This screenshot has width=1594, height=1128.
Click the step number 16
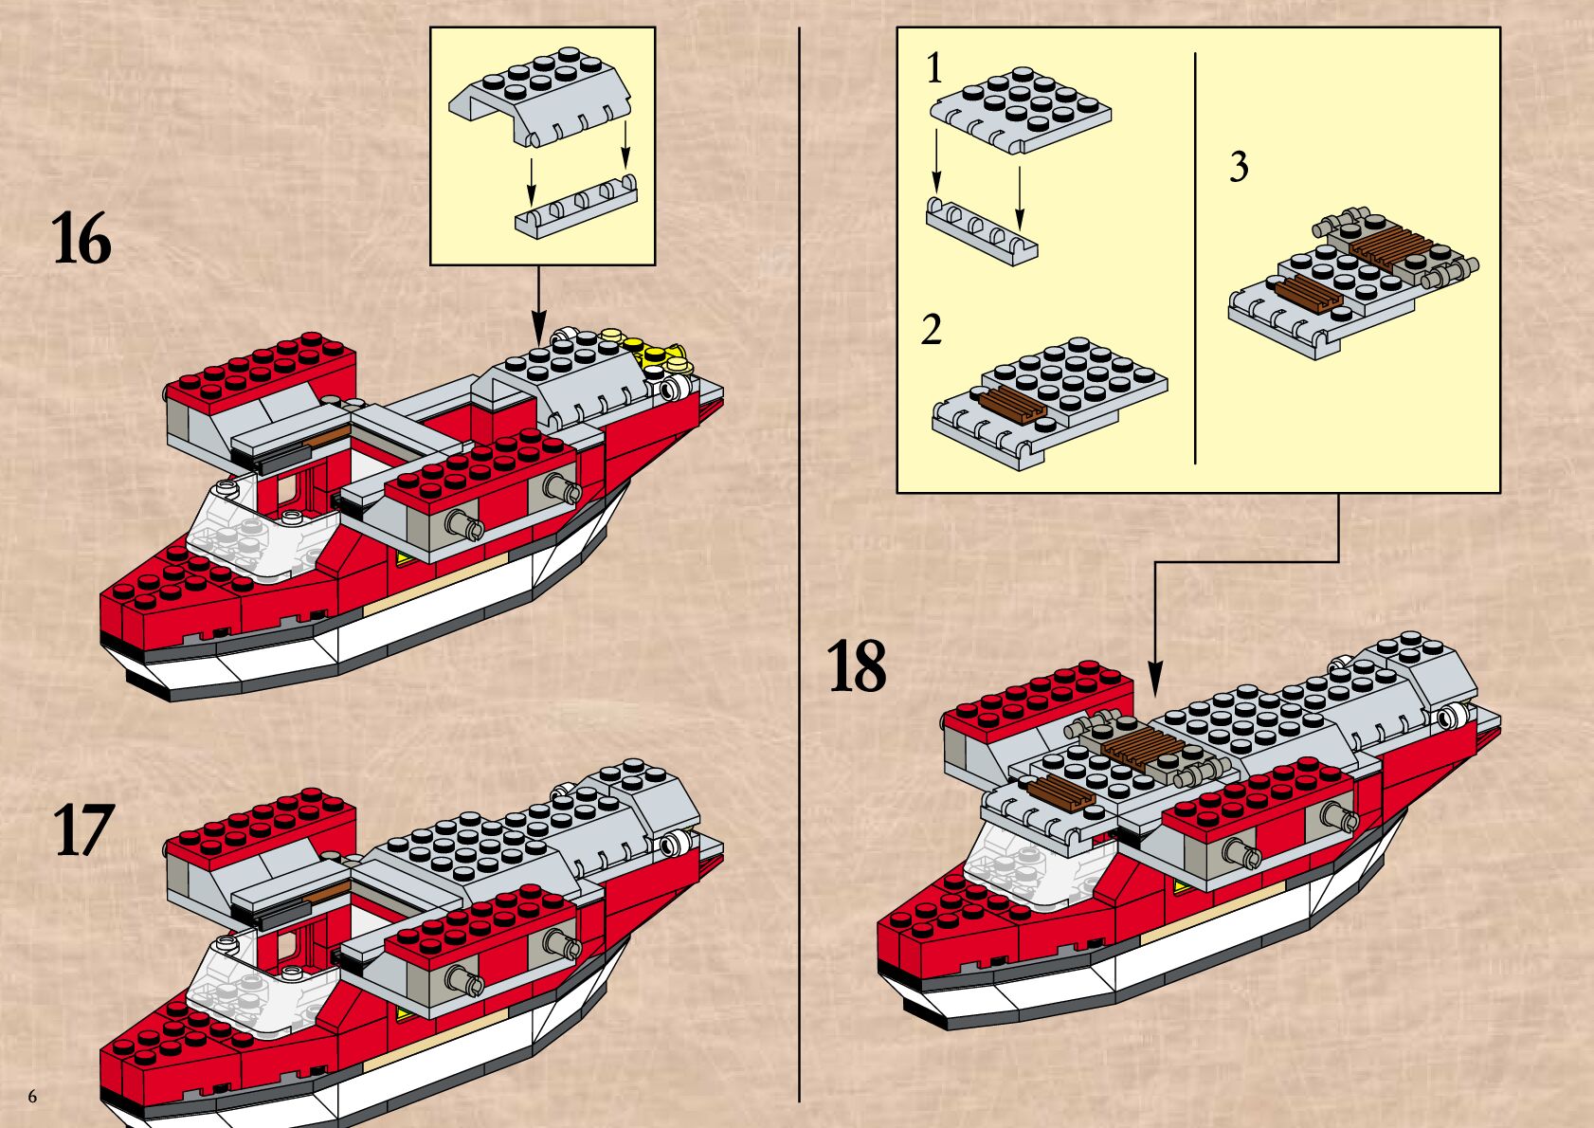coord(82,240)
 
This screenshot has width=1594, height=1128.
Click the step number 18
coord(857,666)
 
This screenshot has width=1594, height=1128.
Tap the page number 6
coord(33,1097)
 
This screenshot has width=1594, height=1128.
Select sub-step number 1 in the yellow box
coord(934,68)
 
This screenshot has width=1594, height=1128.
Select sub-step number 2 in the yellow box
coord(932,330)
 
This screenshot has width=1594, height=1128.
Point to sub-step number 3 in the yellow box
coord(1239,167)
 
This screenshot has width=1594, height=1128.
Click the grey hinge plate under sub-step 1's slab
coord(982,230)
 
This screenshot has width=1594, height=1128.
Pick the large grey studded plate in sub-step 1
coord(1022,109)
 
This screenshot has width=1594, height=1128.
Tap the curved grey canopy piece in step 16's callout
coord(540,95)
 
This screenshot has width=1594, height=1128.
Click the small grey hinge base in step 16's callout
coord(576,207)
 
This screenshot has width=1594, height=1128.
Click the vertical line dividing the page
coord(800,569)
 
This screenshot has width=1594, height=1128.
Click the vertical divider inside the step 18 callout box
coord(1195,256)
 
